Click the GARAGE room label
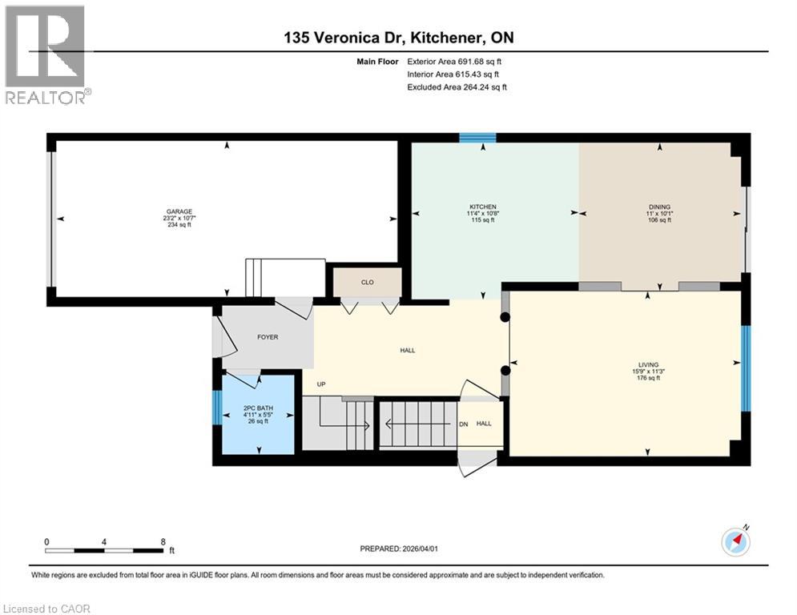tap(179, 211)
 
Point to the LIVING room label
tap(648, 365)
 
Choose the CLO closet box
tap(368, 282)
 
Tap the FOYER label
tap(268, 337)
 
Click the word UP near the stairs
tap(321, 384)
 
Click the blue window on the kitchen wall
tap(477, 138)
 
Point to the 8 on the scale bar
tap(163, 541)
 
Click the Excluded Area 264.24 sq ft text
tap(457, 87)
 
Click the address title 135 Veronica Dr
tap(398, 37)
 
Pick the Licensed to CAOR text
tap(46, 609)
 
